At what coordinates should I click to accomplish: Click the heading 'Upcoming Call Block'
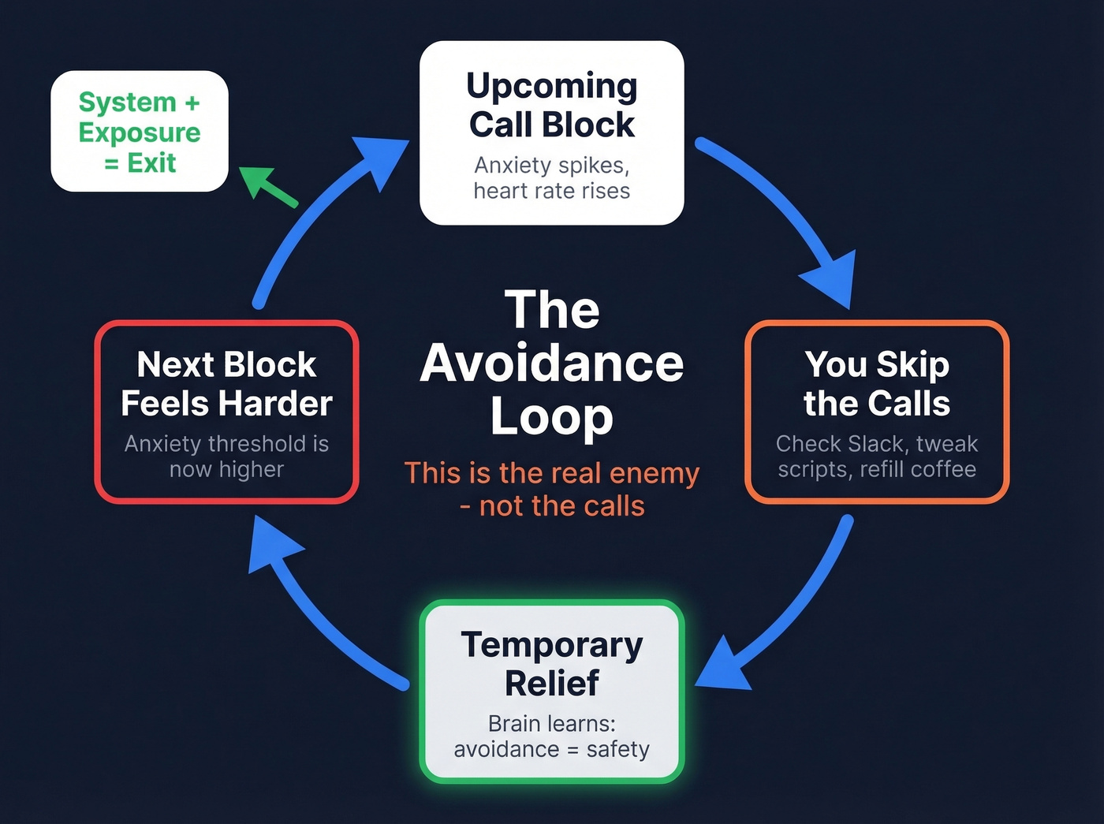pos(551,105)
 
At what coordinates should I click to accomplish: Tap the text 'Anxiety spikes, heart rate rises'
pos(551,178)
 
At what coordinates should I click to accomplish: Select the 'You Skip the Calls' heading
pos(876,384)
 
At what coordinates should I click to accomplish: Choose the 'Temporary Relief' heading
pos(551,664)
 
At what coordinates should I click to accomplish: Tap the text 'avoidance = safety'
pos(551,749)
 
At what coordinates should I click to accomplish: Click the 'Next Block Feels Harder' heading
pos(226,384)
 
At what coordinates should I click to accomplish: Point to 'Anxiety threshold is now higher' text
pos(226,457)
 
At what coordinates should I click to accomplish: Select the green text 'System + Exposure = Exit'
pos(140,132)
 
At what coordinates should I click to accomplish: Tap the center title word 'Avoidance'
pos(551,364)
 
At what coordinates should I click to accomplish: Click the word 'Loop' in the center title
pos(551,416)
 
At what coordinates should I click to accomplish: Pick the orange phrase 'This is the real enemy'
pos(551,473)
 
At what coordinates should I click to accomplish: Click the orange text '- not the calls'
pos(551,506)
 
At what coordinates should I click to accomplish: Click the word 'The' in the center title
pos(551,310)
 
